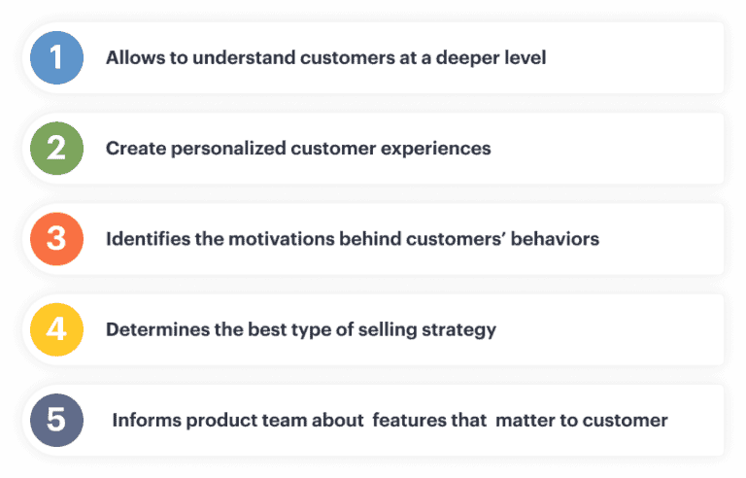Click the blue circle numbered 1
click(x=56, y=57)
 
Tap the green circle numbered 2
click(x=56, y=148)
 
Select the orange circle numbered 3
click(x=56, y=239)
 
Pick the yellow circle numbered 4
click(x=56, y=329)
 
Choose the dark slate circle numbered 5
click(x=56, y=420)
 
